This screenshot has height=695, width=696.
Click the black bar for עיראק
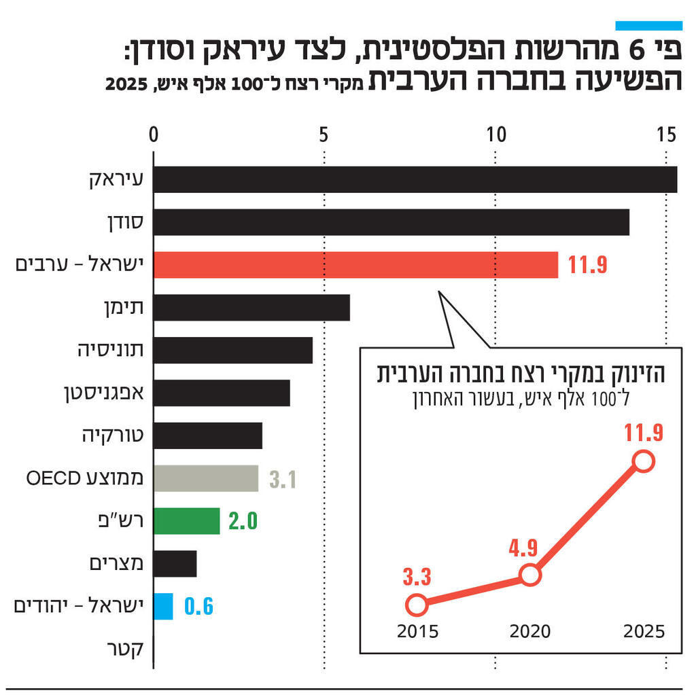point(415,179)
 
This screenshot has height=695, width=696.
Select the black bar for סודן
point(391,222)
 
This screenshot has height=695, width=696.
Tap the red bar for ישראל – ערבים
point(355,265)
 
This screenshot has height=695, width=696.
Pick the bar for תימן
point(251,308)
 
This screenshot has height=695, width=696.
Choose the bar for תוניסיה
point(232,351)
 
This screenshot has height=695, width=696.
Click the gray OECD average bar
point(205,478)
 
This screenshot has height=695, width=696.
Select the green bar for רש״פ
point(186,521)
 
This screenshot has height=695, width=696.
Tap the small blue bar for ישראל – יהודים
point(163,606)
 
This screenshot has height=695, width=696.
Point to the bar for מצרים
point(175,564)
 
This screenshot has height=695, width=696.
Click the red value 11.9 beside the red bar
point(587,266)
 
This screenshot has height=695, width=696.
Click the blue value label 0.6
point(199,607)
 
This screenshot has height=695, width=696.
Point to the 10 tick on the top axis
point(497,135)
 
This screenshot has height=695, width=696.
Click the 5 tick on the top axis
point(324,135)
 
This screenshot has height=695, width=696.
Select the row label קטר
point(126,649)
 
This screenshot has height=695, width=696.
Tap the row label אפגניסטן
point(111,393)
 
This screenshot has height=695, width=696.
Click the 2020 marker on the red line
point(530,575)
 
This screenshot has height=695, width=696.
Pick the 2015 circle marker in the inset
point(417,604)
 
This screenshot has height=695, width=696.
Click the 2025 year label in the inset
point(643,631)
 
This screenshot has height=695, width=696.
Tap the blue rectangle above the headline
point(648,25)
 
